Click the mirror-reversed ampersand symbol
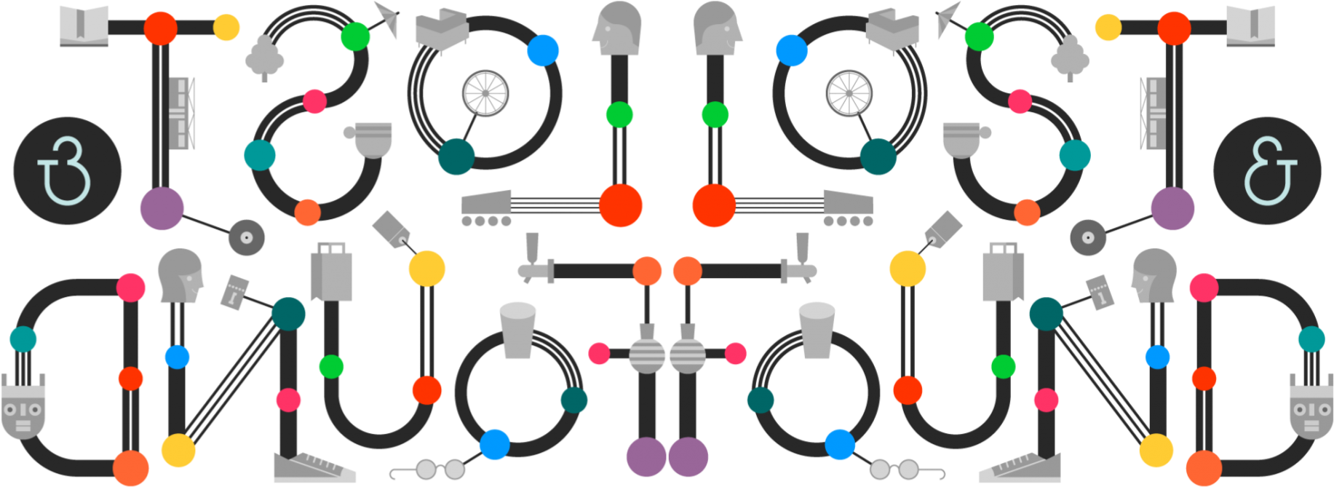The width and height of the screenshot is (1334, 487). [x=66, y=170]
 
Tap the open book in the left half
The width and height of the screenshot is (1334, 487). [x=84, y=26]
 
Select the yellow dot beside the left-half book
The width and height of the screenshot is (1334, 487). [x=226, y=28]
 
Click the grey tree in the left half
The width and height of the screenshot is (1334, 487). [x=264, y=57]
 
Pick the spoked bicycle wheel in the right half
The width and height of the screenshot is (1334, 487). [x=849, y=93]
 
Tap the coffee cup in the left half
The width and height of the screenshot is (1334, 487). [x=370, y=139]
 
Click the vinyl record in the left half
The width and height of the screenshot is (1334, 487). [x=247, y=237]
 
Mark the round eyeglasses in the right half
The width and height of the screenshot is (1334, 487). [x=894, y=470]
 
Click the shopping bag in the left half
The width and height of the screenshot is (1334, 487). [x=332, y=273]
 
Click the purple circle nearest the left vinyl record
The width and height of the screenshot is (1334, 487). [x=162, y=208]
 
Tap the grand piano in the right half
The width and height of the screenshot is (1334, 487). [x=893, y=31]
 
